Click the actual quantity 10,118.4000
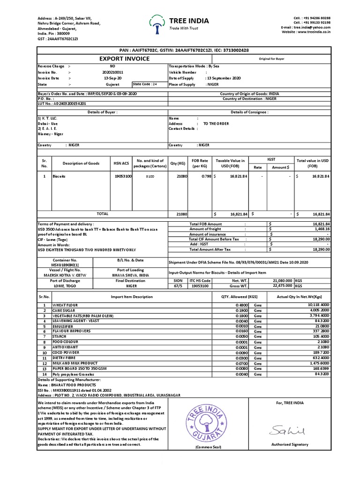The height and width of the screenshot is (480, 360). click(318, 305)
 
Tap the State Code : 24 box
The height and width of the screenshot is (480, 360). click(145, 84)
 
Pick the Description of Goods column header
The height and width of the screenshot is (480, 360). click(75, 163)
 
